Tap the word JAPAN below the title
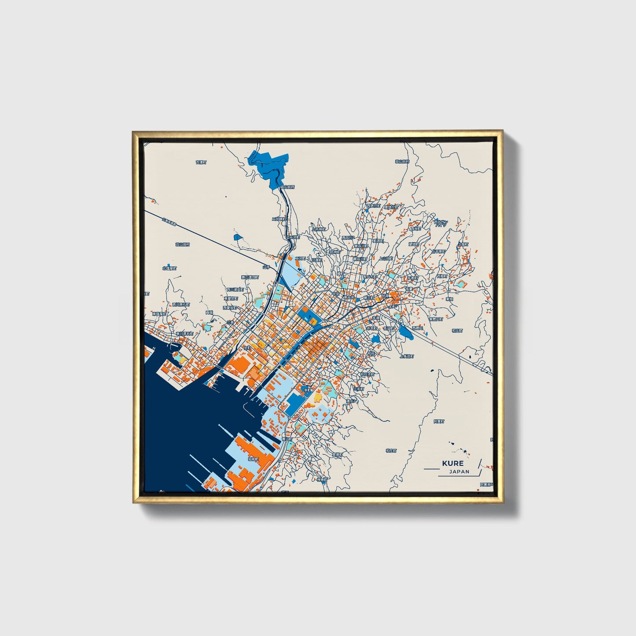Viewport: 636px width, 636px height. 459,471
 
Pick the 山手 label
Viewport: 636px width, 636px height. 266,267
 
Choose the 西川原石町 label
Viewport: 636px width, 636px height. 180,304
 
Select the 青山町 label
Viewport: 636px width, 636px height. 287,439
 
